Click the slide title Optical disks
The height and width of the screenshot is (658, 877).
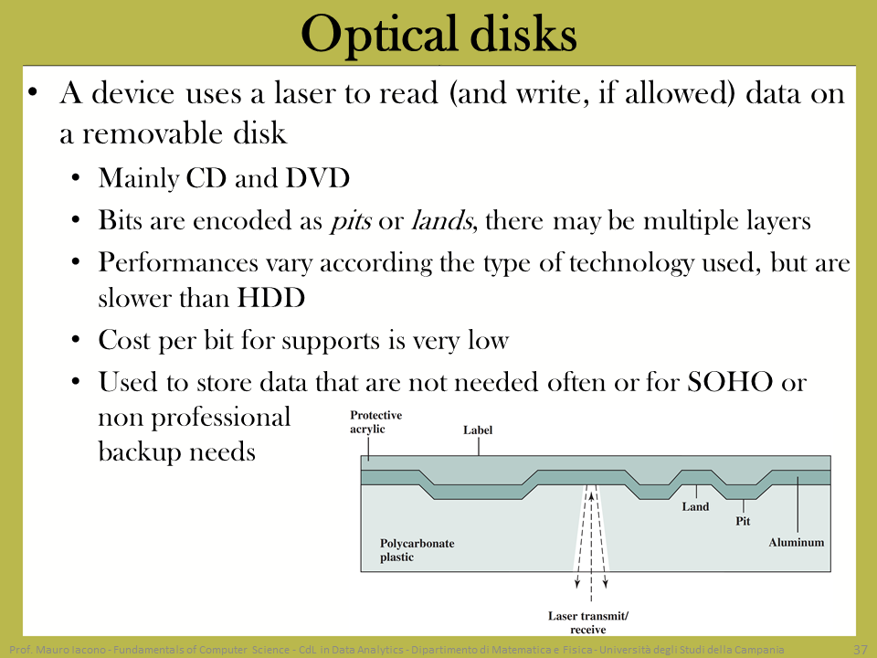point(439,34)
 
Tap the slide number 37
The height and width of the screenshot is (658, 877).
point(861,650)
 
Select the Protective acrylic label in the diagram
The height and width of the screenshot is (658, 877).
point(375,422)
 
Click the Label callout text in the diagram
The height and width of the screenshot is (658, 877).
point(478,430)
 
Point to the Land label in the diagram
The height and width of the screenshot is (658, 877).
point(695,506)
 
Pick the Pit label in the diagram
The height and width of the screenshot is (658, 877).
point(743,521)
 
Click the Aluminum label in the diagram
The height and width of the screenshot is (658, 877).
point(796,542)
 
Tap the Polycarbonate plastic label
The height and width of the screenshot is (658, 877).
point(417,550)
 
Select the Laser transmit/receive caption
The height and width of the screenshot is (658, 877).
point(588,622)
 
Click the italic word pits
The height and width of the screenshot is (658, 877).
point(351,220)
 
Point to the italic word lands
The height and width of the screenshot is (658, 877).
point(442,220)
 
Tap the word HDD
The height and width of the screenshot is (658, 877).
point(271,298)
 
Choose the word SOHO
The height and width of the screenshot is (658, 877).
point(730,382)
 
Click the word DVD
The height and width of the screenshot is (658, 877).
point(318,178)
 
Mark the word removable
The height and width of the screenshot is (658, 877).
point(153,133)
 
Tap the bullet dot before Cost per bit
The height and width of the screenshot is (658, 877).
point(76,339)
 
